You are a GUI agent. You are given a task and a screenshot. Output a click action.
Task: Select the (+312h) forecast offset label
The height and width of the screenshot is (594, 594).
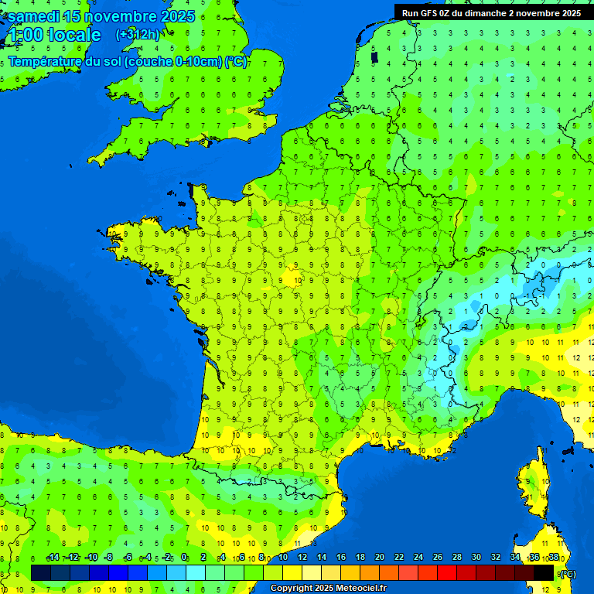pyautogui.click(x=138, y=35)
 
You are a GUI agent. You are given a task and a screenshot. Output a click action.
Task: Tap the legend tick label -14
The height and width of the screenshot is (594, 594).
pyautogui.click(x=53, y=558)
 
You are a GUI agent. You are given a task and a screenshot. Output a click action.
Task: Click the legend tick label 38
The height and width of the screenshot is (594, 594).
pyautogui.click(x=554, y=558)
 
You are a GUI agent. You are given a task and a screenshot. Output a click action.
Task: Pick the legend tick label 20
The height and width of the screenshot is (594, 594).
pyautogui.click(x=380, y=558)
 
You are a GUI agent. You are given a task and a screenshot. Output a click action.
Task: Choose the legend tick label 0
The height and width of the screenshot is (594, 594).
pyautogui.click(x=184, y=558)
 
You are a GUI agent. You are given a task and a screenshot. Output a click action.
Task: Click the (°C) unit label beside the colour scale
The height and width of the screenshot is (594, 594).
pyautogui.click(x=568, y=573)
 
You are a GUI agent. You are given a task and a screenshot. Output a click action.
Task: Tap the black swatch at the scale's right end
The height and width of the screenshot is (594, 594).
pyautogui.click(x=544, y=572)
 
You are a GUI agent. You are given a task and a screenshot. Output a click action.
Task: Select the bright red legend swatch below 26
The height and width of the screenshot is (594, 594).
pyautogui.click(x=447, y=572)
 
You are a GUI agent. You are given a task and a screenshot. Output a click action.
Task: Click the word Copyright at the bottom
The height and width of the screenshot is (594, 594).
pyautogui.click(x=293, y=589)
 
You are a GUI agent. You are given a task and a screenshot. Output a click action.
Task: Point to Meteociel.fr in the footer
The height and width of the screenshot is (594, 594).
pyautogui.click(x=361, y=589)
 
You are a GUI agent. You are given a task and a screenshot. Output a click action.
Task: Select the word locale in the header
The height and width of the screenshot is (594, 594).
pyautogui.click(x=75, y=35)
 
